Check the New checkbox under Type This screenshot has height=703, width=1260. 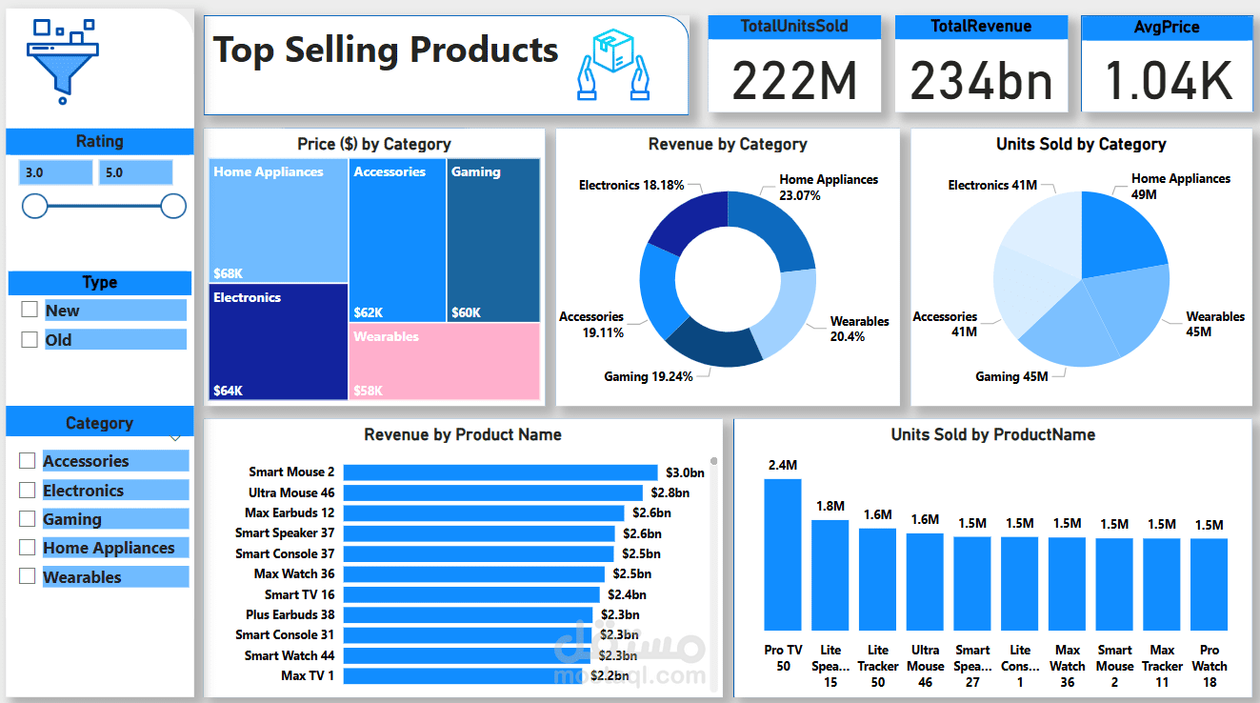(30, 310)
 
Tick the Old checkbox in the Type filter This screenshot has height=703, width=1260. (30, 339)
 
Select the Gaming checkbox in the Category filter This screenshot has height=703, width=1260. (28, 519)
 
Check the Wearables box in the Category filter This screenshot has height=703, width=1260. (28, 576)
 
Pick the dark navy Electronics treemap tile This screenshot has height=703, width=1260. (278, 341)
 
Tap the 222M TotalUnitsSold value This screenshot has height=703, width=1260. (794, 80)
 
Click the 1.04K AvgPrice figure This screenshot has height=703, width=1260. (1168, 80)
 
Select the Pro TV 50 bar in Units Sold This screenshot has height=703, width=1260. (783, 553)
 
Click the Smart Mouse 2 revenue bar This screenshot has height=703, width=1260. (500, 472)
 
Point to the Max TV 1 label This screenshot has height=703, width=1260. (308, 675)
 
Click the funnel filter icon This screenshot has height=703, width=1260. (62, 57)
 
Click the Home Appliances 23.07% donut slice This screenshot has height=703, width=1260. (779, 229)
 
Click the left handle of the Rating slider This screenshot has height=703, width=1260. (35, 206)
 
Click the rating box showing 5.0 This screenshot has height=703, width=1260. (135, 172)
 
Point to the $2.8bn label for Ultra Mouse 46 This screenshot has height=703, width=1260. (669, 492)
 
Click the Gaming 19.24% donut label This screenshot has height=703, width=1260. (649, 376)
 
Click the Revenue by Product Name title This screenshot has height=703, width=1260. (463, 434)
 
